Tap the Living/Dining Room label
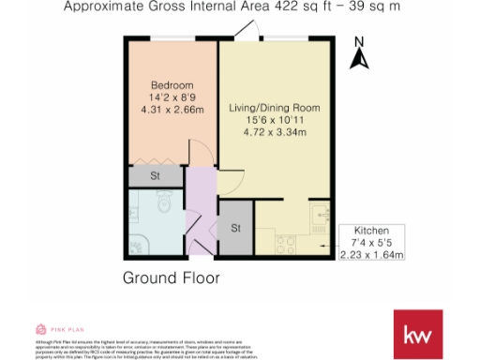pos(274,109)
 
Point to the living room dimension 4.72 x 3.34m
pos(274,132)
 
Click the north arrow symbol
pos(357,60)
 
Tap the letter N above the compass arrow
pos(357,42)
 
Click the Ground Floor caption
pos(172,277)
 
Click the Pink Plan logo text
pos(61,329)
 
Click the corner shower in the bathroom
pos(138,245)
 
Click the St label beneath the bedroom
pos(156,175)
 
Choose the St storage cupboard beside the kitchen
pos(236,228)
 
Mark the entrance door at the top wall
pos(246,32)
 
